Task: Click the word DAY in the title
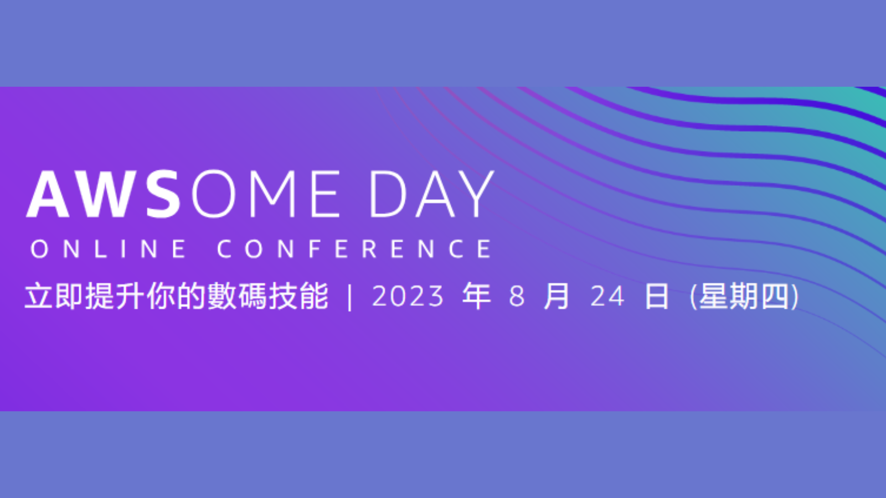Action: coord(432,194)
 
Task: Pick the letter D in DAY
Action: coord(388,194)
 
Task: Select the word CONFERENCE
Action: coord(354,248)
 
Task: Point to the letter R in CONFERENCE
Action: coord(369,248)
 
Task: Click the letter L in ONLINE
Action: coord(100,248)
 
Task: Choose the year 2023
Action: coord(408,297)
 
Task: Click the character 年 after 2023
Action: coord(477,296)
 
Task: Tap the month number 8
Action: coord(517,297)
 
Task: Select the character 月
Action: coord(557,296)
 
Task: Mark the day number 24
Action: coord(607,297)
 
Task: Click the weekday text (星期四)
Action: coord(744,296)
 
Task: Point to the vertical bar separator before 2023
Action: coord(349,297)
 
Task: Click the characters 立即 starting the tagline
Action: coord(54,296)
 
